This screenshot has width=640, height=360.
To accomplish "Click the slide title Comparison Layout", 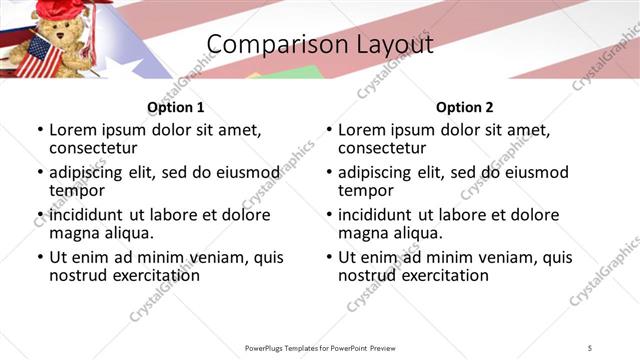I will [320, 45].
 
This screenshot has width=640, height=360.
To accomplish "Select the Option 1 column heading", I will [176, 107].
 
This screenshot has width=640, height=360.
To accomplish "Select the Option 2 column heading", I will [465, 107].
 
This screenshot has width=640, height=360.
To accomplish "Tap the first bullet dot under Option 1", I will [40, 131].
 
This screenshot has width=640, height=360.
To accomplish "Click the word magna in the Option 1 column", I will [73, 233].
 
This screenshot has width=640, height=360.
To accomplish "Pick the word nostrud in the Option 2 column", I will [368, 275].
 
